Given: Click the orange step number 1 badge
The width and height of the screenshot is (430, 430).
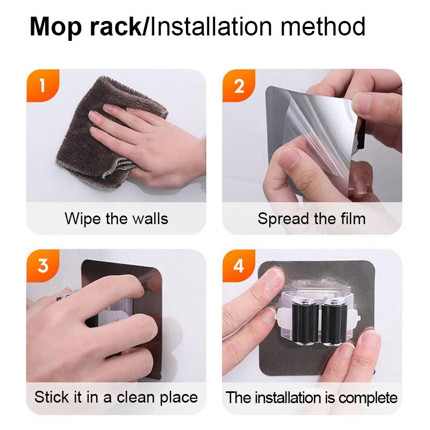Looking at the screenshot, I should (x=42, y=85).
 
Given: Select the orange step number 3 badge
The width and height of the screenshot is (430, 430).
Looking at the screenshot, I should (x=42, y=265).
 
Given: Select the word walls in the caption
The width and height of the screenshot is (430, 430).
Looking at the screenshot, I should (x=148, y=219).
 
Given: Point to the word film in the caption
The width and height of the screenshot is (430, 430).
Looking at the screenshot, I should (x=353, y=219).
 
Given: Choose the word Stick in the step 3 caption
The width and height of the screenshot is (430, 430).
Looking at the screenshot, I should (x=50, y=397).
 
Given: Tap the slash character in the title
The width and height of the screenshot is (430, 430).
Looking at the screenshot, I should (x=146, y=27).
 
